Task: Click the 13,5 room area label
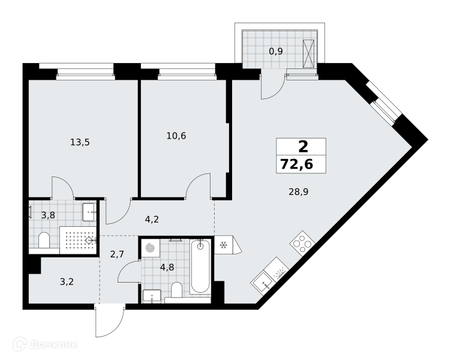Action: pos(80,142)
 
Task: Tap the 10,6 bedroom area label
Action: pos(176,136)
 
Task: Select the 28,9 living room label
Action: pos(299,191)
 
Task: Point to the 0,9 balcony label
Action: pos(276,51)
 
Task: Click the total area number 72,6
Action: pos(297,164)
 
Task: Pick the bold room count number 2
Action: pos(303,147)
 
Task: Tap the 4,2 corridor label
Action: pos(152,220)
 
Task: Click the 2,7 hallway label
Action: pos(117,254)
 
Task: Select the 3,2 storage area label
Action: pos(67,281)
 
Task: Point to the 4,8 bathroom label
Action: pos(167,268)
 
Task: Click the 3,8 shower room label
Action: pos(48,215)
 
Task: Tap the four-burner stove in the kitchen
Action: pos(302,243)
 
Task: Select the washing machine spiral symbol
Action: pos(149,248)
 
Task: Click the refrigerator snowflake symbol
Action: pos(223,245)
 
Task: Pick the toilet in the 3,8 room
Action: pos(44,240)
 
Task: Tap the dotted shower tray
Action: pos(78,240)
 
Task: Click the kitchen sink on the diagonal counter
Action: pos(263,283)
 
